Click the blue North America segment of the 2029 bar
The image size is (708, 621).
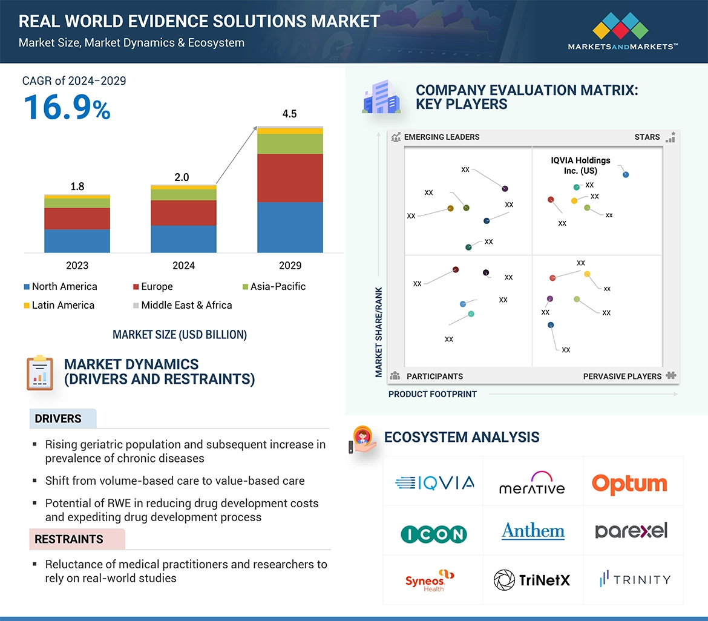click(290, 227)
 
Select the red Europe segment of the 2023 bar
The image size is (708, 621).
click(77, 218)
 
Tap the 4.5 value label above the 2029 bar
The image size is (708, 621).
click(290, 114)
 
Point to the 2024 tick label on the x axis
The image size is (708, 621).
click(183, 265)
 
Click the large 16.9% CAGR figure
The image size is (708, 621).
click(67, 107)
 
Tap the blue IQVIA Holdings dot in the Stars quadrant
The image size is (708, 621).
click(626, 174)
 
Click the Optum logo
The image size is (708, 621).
click(630, 484)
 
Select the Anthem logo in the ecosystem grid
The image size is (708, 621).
click(533, 531)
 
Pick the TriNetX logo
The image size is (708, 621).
click(532, 580)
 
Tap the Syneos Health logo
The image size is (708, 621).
click(429, 580)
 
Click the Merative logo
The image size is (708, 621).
click(532, 484)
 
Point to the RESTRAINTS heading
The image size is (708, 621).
click(69, 539)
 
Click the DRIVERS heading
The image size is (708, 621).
click(58, 419)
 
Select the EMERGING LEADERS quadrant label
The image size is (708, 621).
click(441, 137)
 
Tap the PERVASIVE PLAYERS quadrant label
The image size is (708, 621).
click(622, 376)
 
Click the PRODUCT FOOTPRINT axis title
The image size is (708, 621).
click(433, 394)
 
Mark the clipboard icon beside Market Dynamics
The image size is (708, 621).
click(40, 372)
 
